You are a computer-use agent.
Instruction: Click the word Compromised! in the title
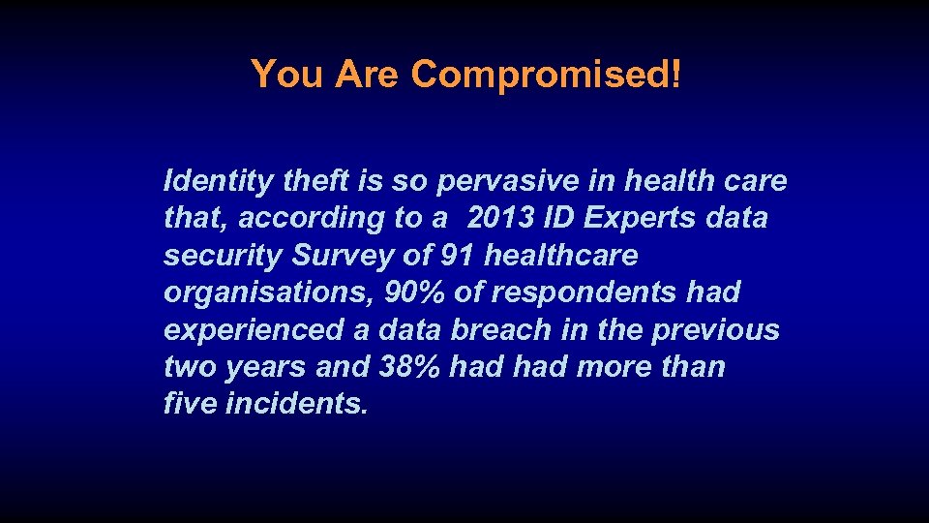point(547,74)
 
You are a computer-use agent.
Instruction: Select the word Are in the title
point(367,74)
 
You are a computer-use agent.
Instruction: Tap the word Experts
point(641,218)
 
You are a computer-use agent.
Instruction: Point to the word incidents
point(296,404)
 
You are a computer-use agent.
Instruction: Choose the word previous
point(715,330)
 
